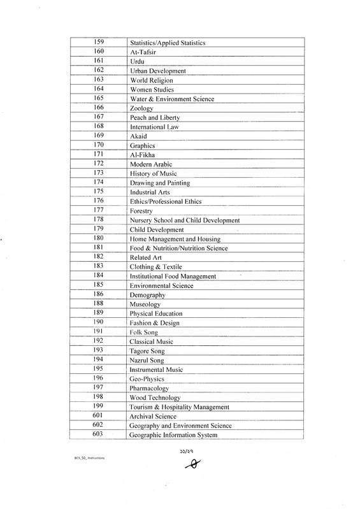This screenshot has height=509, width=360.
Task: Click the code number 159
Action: point(99,42)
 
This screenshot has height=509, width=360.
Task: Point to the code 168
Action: point(99,127)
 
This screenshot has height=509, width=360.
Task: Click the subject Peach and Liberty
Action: point(154,118)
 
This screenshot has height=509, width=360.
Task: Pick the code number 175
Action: point(99,191)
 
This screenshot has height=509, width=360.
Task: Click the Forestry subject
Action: point(142,210)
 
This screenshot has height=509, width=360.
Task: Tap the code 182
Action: point(99,256)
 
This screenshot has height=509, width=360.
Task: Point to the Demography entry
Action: point(147,296)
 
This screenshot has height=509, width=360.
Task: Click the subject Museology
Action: point(145,305)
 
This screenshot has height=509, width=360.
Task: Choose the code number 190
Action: point(99,322)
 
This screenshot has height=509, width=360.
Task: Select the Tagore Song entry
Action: point(147,351)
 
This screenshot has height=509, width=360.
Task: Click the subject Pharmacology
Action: point(149,388)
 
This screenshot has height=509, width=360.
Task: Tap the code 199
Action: point(99,406)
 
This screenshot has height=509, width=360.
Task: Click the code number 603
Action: point(99,434)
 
